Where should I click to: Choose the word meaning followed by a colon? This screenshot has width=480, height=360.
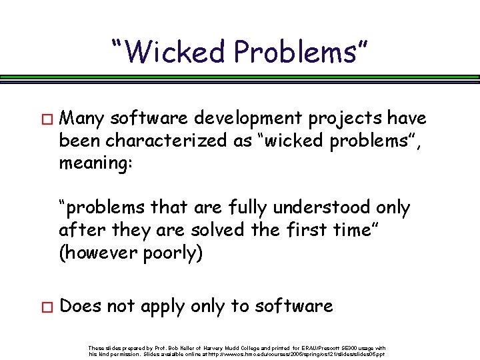[96, 163]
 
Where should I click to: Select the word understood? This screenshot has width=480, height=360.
[313, 207]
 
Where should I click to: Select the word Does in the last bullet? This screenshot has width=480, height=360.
[79, 306]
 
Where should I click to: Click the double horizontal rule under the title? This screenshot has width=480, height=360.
[240, 78]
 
